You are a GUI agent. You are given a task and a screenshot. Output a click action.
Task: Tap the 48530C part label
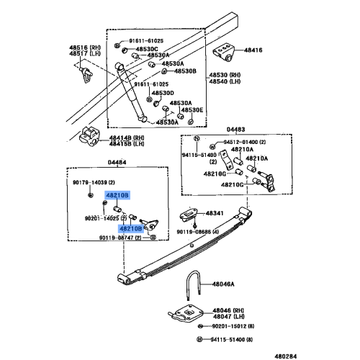(x=157, y=48)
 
